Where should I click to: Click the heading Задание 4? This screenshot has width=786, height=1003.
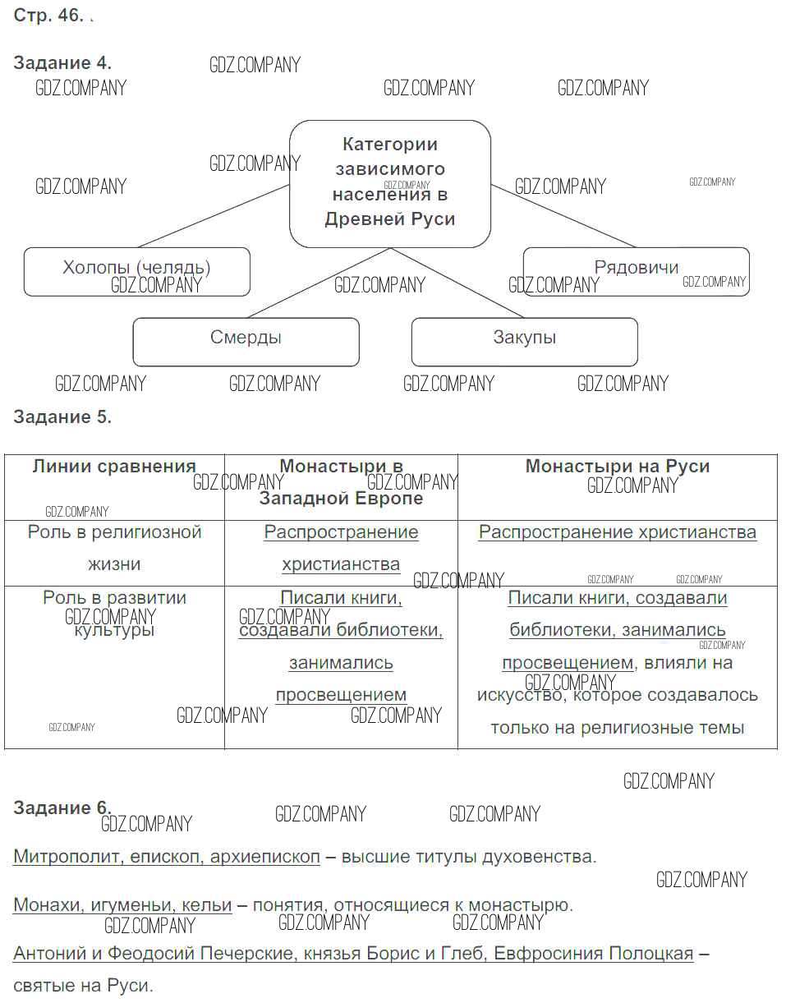click(x=62, y=63)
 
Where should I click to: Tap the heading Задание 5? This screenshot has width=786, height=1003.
click(x=62, y=416)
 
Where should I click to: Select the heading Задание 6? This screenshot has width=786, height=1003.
click(x=62, y=808)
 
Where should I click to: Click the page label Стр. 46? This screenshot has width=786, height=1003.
click(x=48, y=17)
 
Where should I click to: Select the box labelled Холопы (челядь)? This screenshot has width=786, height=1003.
click(x=136, y=271)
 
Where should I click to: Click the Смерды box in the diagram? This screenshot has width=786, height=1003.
click(x=246, y=341)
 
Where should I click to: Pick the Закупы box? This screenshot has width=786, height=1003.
click(x=524, y=341)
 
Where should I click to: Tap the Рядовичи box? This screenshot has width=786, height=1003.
click(x=636, y=270)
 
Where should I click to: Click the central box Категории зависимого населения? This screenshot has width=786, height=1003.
click(x=389, y=183)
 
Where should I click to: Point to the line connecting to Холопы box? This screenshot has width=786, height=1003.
click(x=214, y=216)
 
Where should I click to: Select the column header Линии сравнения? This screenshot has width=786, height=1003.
click(x=114, y=467)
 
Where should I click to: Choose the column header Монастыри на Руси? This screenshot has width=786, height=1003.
click(x=617, y=467)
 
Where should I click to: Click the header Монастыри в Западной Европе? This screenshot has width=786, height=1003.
click(x=341, y=482)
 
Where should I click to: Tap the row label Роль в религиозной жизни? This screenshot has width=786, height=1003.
click(x=114, y=548)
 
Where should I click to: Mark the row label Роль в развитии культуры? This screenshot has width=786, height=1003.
click(x=114, y=614)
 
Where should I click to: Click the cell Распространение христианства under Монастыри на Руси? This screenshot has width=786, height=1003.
click(x=617, y=532)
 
